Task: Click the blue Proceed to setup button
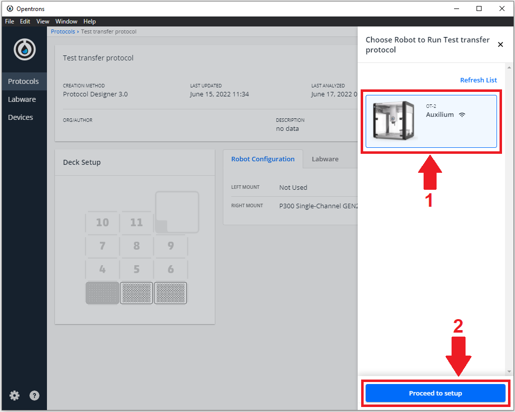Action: [435, 393]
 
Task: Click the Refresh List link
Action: [478, 80]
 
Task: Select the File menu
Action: [9, 21]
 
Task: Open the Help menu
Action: [89, 21]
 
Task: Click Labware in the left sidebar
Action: [22, 99]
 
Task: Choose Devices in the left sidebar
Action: [20, 117]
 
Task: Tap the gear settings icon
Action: [14, 395]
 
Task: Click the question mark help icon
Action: [34, 395]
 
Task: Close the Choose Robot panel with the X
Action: [500, 44]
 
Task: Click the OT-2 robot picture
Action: [394, 120]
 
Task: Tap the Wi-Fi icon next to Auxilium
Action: [462, 114]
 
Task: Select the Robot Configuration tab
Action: [263, 159]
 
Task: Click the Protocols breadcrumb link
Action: [63, 31]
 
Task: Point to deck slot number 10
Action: [102, 222]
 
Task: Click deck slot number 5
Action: [136, 269]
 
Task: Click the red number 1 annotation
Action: [429, 200]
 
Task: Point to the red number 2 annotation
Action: [458, 326]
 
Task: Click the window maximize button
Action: [479, 8]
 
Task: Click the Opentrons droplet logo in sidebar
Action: [24, 49]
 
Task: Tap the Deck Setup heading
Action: [82, 162]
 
